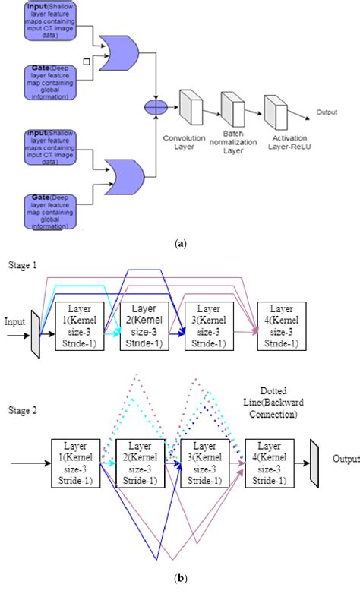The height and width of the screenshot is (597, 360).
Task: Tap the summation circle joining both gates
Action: [156, 108]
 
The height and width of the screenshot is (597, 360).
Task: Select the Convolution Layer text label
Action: [184, 142]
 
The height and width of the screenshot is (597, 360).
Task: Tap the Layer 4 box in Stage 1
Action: [283, 325]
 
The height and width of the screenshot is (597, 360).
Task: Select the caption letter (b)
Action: [180, 578]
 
